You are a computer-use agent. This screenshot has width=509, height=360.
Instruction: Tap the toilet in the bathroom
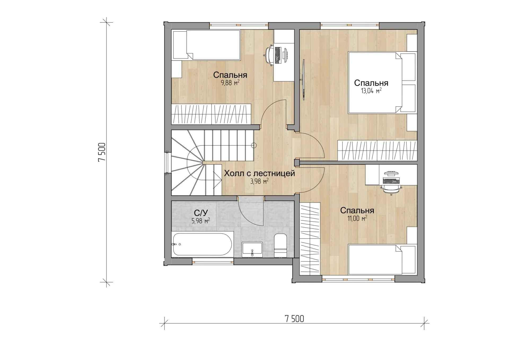(x=280, y=245)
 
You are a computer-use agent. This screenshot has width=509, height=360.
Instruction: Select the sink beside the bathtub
(x=252, y=249)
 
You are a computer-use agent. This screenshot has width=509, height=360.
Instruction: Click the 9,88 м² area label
(x=230, y=83)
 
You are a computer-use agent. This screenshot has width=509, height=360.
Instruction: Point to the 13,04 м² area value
(x=371, y=91)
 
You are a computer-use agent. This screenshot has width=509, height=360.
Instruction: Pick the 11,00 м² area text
(x=357, y=218)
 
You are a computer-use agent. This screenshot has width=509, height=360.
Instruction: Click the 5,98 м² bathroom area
(x=201, y=221)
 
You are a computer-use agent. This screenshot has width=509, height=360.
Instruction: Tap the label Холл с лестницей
(x=259, y=174)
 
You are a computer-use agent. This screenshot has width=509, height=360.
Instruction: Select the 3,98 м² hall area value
(x=259, y=181)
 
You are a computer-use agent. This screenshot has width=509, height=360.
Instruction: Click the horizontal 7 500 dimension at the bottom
(x=294, y=319)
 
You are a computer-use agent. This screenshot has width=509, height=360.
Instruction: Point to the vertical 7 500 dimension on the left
(x=102, y=152)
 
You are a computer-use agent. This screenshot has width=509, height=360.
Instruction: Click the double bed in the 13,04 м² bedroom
(x=382, y=83)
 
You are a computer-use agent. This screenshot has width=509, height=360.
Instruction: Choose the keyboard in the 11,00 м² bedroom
(x=391, y=181)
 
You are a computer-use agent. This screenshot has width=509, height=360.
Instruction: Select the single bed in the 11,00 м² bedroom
(x=382, y=259)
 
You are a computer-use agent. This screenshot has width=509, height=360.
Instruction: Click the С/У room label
(x=201, y=213)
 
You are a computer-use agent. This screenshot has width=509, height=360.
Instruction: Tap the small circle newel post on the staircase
(x=254, y=145)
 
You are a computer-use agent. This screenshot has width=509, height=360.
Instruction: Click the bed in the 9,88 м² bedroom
(x=206, y=45)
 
